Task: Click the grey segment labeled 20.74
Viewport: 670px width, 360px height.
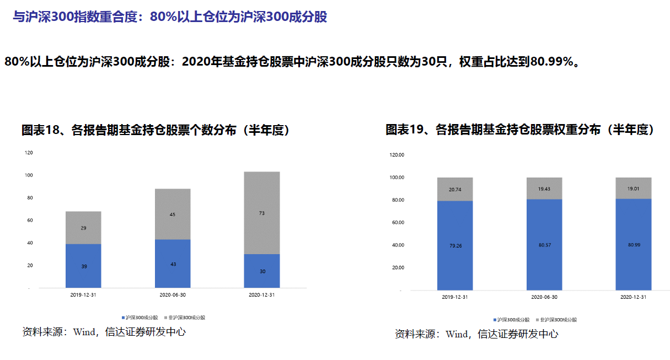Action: pos(455,189)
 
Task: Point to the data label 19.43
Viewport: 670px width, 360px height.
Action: pos(544,189)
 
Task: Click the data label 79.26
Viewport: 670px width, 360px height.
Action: pos(455,246)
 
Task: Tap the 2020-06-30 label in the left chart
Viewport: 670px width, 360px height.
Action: pos(172,295)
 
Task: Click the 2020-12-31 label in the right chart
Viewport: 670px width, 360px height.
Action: pos(633,297)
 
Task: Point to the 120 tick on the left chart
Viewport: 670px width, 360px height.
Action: pos(29,153)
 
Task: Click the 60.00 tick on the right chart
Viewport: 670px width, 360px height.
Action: pos(397,223)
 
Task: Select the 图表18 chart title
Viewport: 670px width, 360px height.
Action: pos(156,130)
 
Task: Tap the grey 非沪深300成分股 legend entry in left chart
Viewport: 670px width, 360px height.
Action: pos(186,318)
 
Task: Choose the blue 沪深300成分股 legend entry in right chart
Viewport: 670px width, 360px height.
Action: pos(512,320)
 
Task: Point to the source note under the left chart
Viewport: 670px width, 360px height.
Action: pos(104,332)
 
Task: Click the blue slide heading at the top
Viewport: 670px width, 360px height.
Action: pos(170,17)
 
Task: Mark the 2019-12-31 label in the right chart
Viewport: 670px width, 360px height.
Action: pos(455,297)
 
